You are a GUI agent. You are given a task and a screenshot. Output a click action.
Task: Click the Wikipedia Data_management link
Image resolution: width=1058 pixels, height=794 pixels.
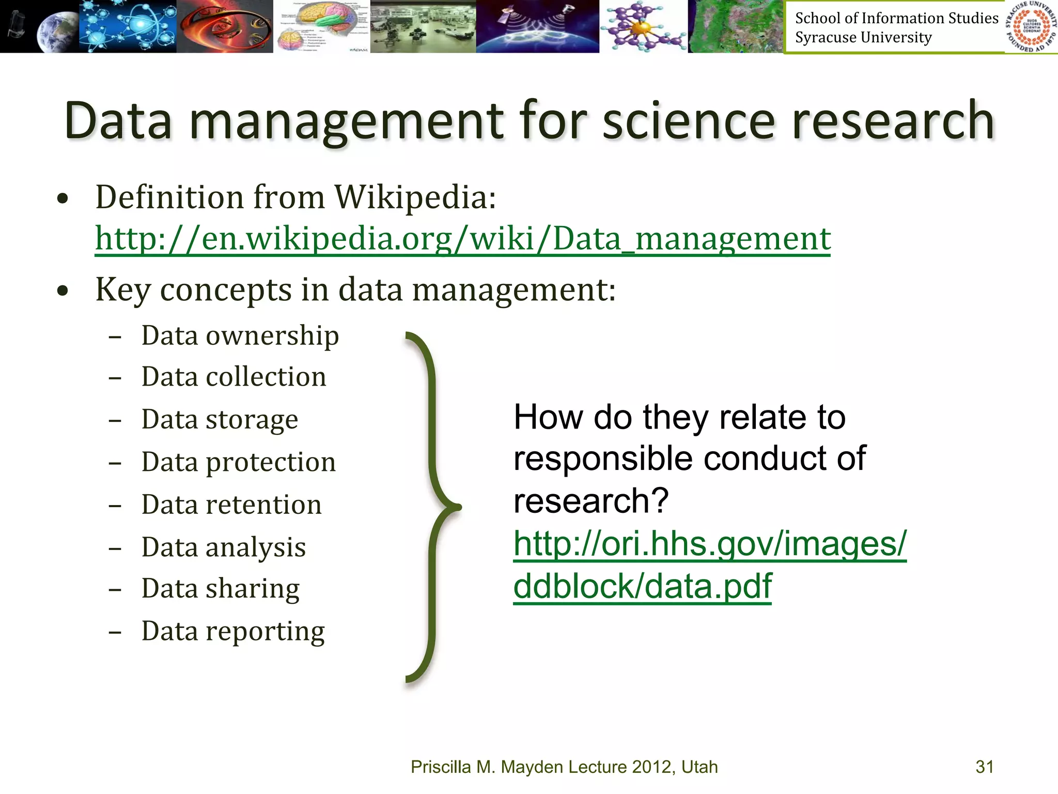(462, 239)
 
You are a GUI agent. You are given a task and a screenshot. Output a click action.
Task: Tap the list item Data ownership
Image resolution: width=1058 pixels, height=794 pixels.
(240, 335)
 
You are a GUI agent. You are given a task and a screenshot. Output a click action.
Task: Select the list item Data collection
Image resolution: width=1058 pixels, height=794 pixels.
(234, 377)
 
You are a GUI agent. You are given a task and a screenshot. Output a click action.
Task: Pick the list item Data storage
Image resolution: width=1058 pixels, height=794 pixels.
(220, 419)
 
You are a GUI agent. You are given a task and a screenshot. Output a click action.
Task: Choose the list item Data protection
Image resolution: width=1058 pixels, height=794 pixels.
(238, 462)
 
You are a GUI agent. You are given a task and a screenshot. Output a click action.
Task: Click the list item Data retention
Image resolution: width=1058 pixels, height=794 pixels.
(231, 505)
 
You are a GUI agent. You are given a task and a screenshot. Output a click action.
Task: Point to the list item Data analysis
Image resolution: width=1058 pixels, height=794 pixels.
(223, 547)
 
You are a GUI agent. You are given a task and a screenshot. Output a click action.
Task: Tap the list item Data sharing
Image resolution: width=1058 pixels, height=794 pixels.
(220, 589)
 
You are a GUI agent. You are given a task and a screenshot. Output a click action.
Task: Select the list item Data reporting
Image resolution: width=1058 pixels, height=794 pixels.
(233, 631)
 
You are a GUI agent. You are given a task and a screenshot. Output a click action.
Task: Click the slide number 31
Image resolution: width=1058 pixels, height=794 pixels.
(984, 767)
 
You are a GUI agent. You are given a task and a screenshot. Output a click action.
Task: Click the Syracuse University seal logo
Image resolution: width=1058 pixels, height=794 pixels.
(1031, 26)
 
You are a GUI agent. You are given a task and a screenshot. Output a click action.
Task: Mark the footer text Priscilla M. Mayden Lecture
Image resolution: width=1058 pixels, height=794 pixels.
(564, 767)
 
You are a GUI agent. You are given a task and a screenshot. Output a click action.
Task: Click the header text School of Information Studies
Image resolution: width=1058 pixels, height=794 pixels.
(896, 18)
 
